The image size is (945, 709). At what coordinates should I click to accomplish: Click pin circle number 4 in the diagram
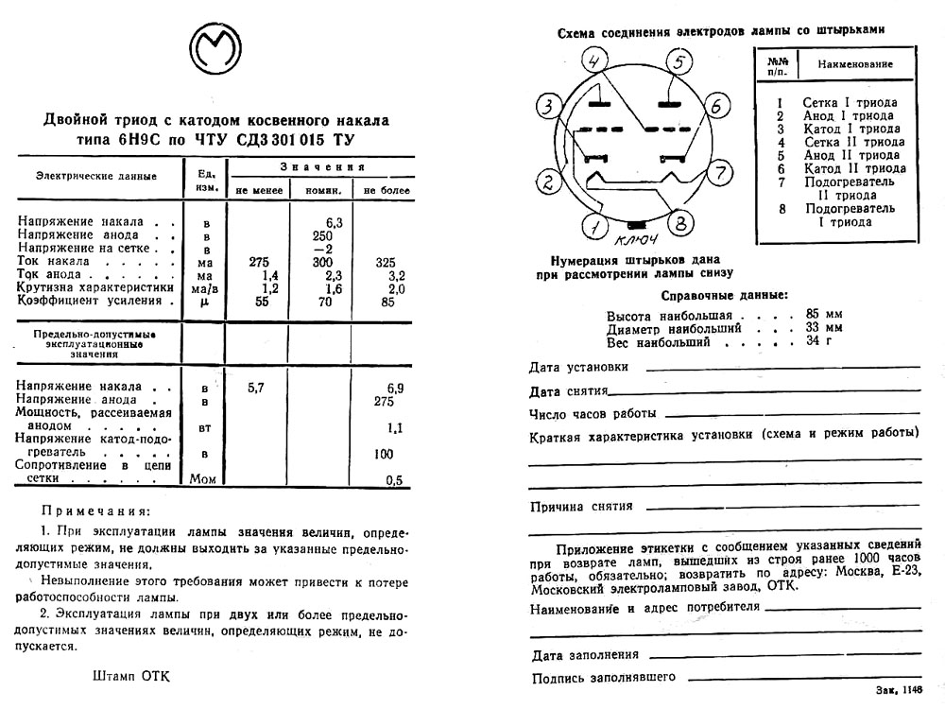click(593, 63)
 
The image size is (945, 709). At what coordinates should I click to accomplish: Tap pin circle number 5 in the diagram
click(678, 63)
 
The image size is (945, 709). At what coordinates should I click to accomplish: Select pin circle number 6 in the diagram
click(715, 105)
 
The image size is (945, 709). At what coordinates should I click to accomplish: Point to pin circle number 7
click(719, 173)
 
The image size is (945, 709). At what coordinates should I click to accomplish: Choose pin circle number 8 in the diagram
click(677, 224)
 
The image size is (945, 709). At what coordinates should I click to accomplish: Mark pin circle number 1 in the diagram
click(594, 226)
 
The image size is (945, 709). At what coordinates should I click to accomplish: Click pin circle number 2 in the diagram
click(548, 182)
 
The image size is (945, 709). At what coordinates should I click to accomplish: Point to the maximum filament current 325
click(386, 262)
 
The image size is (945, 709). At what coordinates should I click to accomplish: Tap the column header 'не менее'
click(259, 190)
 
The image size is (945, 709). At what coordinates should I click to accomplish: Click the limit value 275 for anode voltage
click(384, 401)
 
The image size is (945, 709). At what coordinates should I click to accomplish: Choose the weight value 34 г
click(820, 341)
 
